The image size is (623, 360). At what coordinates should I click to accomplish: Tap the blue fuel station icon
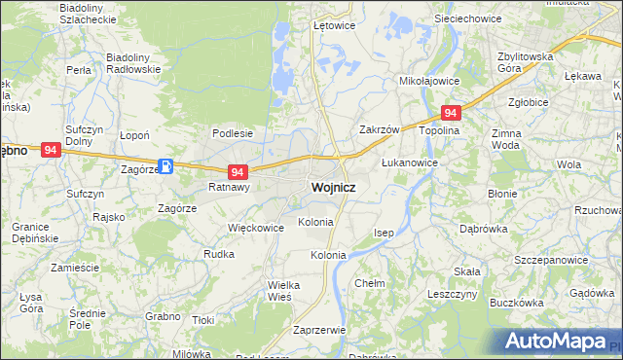coord(166,166)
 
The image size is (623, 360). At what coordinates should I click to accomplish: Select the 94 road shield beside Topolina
coord(450,114)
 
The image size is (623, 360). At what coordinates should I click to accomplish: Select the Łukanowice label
coord(408,162)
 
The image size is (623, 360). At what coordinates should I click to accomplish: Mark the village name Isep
coord(384,233)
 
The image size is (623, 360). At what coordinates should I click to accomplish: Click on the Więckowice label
coord(255,228)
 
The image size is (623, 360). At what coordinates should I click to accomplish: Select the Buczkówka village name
coord(516,303)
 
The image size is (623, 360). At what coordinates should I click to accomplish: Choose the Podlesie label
coord(233,133)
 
